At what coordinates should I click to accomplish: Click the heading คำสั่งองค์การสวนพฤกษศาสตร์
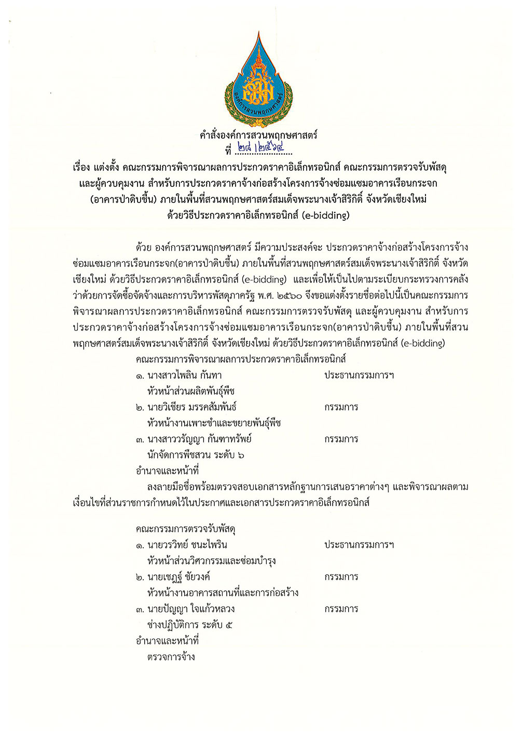click(x=258, y=135)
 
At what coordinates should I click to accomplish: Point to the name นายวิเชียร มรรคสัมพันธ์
click(x=192, y=407)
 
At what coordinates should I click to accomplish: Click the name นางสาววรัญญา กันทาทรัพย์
click(x=199, y=439)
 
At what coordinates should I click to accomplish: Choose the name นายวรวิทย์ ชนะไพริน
click(x=187, y=545)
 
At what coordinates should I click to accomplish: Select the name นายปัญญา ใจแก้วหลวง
click(x=191, y=609)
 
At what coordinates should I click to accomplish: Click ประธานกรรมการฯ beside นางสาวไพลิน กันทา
click(x=359, y=375)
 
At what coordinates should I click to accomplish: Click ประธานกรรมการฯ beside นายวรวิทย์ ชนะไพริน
click(x=359, y=545)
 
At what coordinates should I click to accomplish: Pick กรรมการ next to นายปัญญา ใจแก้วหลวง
click(x=341, y=609)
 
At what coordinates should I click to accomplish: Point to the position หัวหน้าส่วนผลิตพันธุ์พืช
click(x=191, y=391)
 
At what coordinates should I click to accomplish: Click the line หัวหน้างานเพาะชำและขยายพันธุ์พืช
click(x=214, y=423)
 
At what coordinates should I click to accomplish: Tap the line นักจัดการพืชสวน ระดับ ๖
click(x=196, y=455)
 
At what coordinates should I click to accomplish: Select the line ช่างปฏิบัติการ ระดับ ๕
click(x=190, y=625)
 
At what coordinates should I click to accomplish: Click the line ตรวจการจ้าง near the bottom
click(x=171, y=657)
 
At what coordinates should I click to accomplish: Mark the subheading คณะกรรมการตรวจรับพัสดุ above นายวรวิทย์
click(x=186, y=529)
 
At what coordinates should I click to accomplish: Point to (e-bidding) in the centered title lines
click(x=325, y=215)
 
